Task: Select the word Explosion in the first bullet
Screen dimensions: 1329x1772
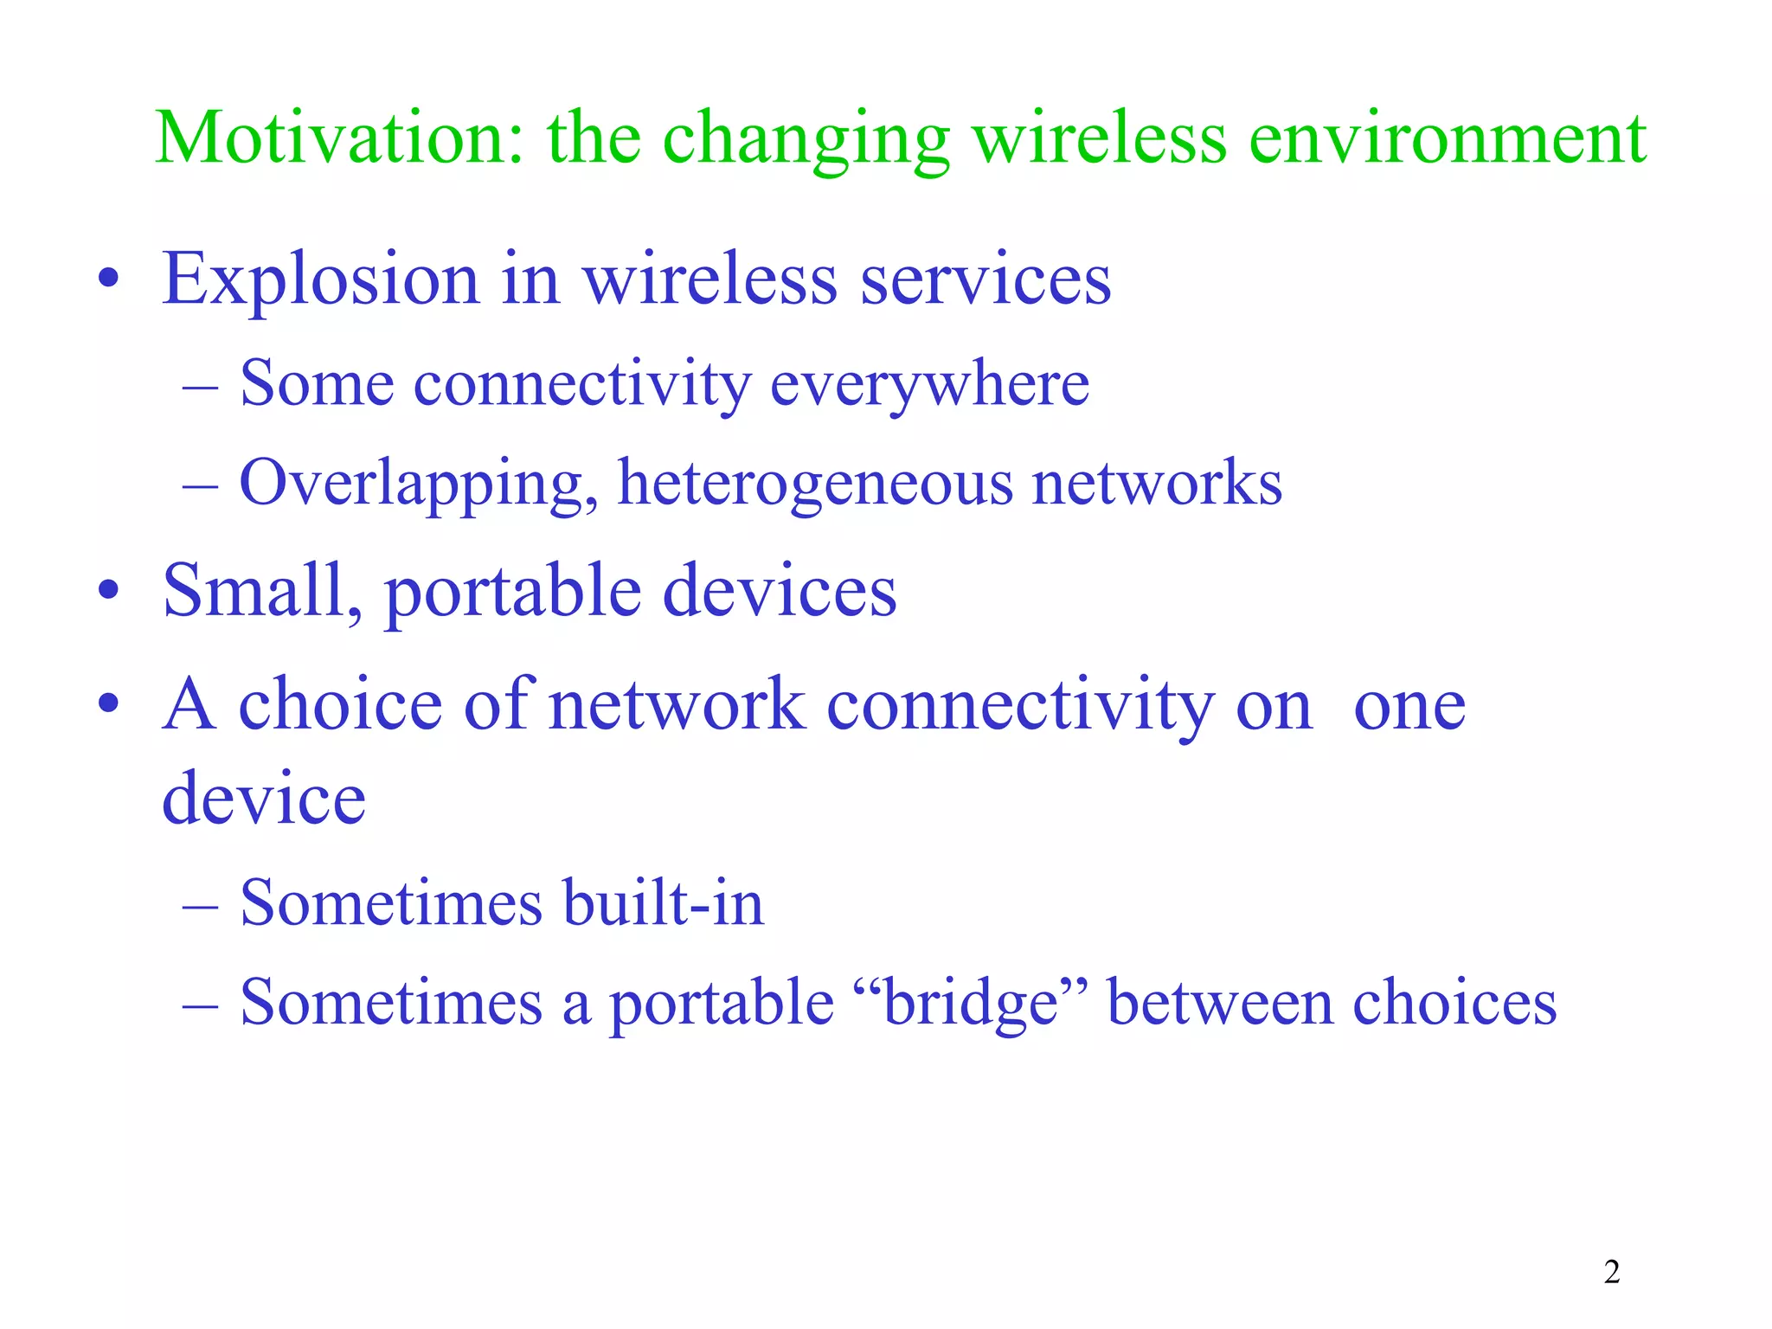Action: pyautogui.click(x=320, y=280)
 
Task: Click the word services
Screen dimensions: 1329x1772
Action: pyautogui.click(x=986, y=280)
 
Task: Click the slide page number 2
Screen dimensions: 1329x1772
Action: pyautogui.click(x=1611, y=1272)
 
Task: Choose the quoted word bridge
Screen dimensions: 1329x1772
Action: pyautogui.click(x=971, y=1004)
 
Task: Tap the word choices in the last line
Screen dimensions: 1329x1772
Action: pyautogui.click(x=1454, y=1004)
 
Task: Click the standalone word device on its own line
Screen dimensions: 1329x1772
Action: pyautogui.click(x=264, y=799)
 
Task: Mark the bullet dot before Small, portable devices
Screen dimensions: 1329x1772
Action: pyautogui.click(x=108, y=593)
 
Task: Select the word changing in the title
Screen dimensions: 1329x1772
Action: pyautogui.click(x=806, y=140)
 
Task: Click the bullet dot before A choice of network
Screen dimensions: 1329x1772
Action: pyautogui.click(x=108, y=705)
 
